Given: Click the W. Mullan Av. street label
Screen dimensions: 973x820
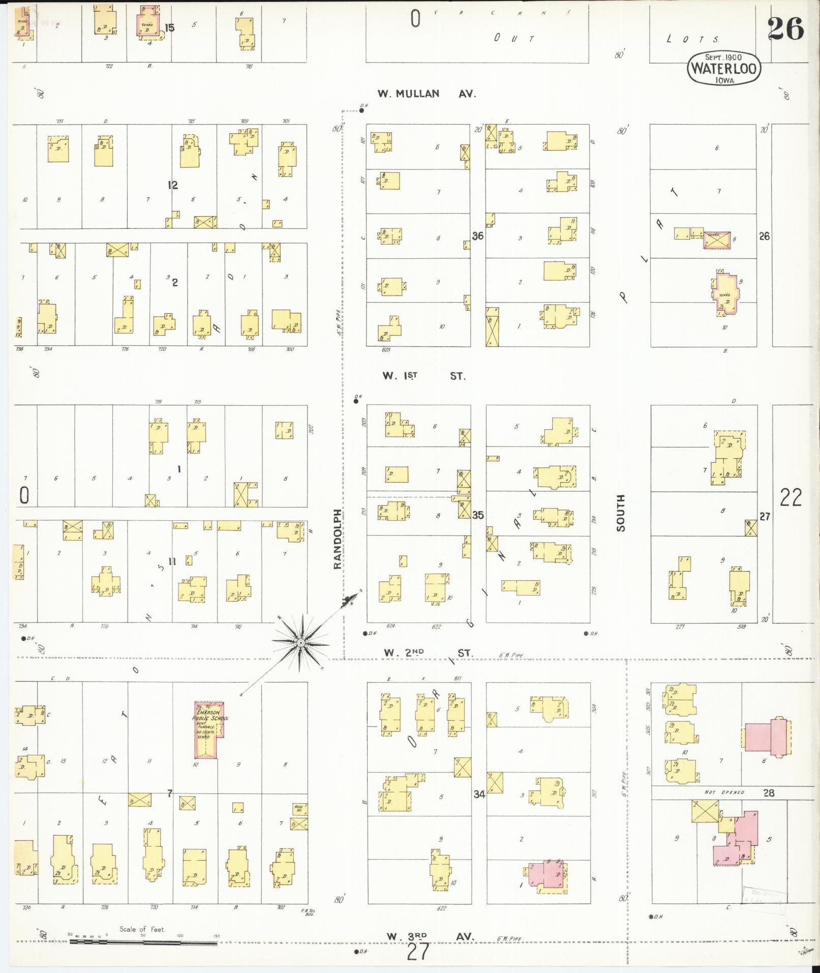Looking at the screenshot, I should (426, 94).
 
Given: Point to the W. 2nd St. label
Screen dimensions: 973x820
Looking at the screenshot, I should (428, 653).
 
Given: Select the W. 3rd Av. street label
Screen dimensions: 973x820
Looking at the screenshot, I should (430, 936).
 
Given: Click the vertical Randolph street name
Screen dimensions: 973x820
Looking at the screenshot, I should (339, 539).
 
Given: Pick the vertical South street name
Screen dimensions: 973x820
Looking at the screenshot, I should (621, 513).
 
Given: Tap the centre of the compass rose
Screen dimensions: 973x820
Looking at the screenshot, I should (300, 643).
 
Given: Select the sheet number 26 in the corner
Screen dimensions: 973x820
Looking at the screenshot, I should (785, 28).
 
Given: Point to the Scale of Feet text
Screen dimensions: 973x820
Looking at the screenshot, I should (142, 929).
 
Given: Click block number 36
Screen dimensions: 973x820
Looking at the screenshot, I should (477, 236).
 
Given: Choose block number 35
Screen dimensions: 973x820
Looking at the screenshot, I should (477, 515).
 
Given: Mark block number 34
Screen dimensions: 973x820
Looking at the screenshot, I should (479, 794).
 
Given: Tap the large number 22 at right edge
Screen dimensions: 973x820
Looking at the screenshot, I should (791, 497).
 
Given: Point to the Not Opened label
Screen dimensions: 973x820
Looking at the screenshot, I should (725, 792).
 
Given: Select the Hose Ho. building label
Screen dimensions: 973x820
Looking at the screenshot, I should (298, 808).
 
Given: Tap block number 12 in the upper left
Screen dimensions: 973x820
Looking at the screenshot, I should (173, 185).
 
